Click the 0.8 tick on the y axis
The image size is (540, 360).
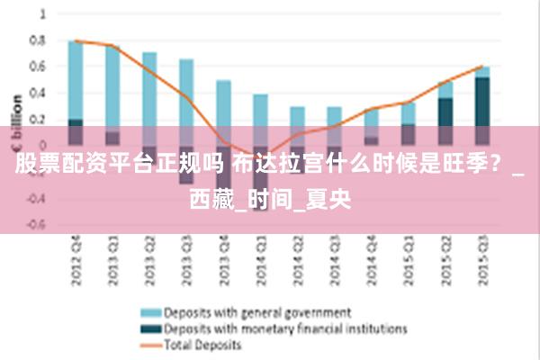pyautogui.click(x=37, y=40)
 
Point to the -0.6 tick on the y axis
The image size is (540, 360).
pyautogui.click(x=34, y=225)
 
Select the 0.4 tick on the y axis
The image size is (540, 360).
pyautogui.click(x=37, y=93)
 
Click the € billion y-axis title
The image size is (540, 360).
pyautogui.click(x=16, y=121)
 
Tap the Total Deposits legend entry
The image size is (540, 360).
pyautogui.click(x=202, y=344)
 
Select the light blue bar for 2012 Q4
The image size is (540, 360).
pyautogui.click(x=76, y=81)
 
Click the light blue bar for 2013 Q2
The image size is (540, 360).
pyautogui.click(x=149, y=90)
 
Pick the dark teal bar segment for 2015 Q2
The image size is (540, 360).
pyautogui.click(x=445, y=112)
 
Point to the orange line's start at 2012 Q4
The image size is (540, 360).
pyautogui.click(x=76, y=40)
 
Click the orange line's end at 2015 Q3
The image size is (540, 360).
pyautogui.click(x=483, y=66)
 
